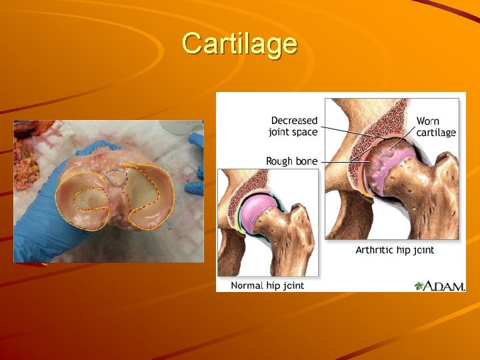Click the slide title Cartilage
pyautogui.click(x=239, y=44)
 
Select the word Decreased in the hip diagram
pyautogui.click(x=294, y=121)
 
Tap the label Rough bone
pyautogui.click(x=291, y=161)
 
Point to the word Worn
pyautogui.click(x=428, y=121)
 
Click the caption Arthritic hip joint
pyautogui.click(x=395, y=250)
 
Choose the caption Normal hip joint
pyautogui.click(x=267, y=285)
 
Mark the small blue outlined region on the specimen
pyautogui.click(x=117, y=177)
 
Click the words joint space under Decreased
pyautogui.click(x=293, y=132)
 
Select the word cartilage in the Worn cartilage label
pyautogui.click(x=436, y=133)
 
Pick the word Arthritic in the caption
pyautogui.click(x=375, y=250)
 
